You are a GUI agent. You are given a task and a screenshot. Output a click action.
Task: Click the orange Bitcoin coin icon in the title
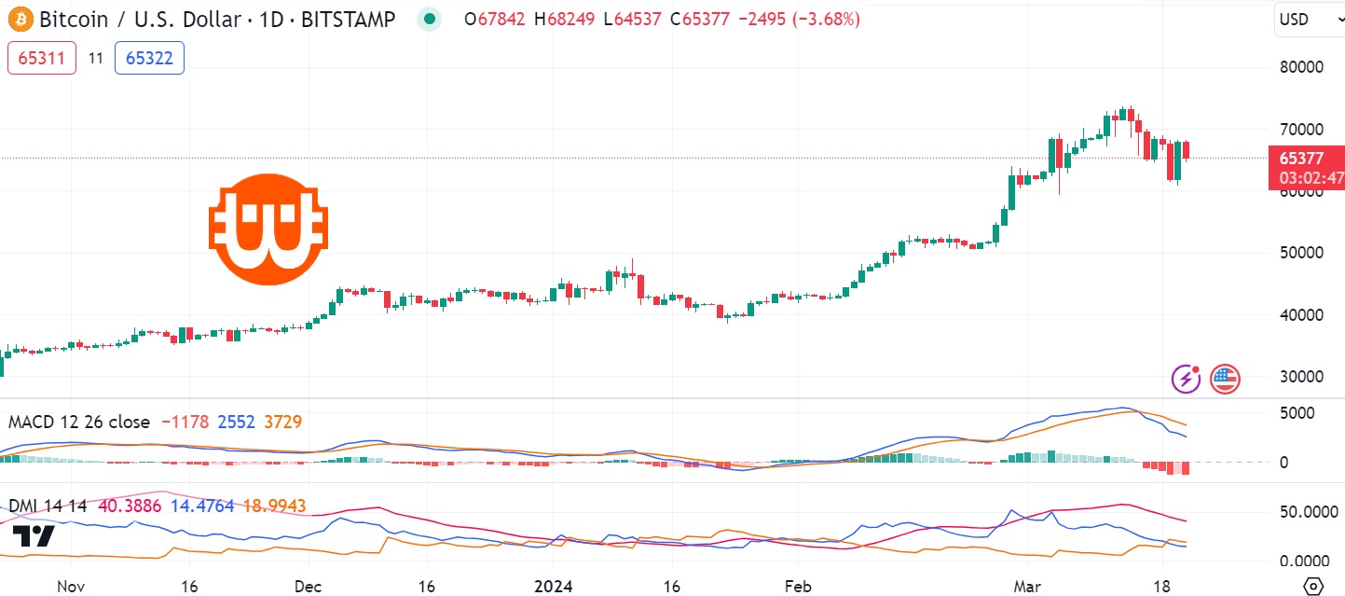[20, 19]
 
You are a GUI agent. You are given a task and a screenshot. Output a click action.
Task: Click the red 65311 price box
[42, 58]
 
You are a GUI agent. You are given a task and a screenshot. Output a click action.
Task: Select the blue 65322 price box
[149, 58]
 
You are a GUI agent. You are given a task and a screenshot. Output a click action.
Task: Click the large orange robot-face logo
[268, 228]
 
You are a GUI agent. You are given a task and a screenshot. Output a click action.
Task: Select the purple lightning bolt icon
[1186, 379]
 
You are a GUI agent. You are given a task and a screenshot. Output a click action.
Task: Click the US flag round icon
[1225, 379]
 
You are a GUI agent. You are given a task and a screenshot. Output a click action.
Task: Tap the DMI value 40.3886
[130, 506]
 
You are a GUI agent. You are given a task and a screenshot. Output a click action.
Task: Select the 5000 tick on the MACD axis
[1297, 413]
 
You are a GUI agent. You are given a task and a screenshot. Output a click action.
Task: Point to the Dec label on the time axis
[308, 587]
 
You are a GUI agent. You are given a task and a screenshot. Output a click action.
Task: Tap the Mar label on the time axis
[1029, 587]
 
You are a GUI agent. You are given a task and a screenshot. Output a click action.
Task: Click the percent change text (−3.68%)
[826, 19]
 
